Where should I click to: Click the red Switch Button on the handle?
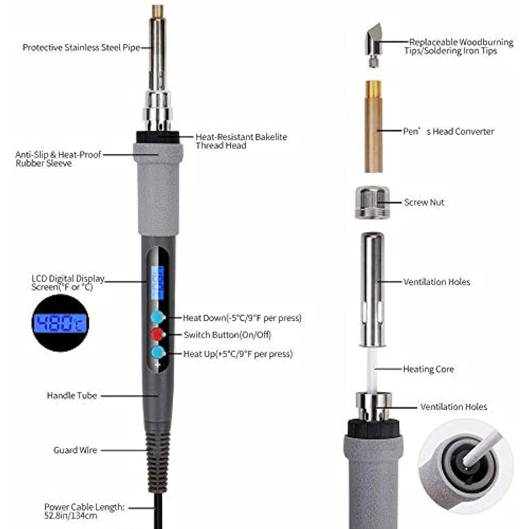(x=158, y=334)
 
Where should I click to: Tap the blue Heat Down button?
(x=158, y=317)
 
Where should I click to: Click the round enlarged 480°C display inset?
(x=60, y=323)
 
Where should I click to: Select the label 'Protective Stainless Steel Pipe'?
(x=81, y=47)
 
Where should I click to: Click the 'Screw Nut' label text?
(x=424, y=202)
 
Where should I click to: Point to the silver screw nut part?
(x=372, y=203)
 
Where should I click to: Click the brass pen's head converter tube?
(x=373, y=127)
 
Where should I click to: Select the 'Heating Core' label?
(x=428, y=369)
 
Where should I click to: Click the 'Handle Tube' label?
(x=72, y=395)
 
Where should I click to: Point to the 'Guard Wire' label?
(x=75, y=450)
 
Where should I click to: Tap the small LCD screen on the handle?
(x=157, y=283)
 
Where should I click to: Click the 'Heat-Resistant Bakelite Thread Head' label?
(x=241, y=141)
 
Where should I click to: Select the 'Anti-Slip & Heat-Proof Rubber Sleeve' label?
(x=58, y=159)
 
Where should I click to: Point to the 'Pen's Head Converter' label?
(x=448, y=131)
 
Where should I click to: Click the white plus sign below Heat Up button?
(x=158, y=365)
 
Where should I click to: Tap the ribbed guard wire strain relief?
(x=157, y=462)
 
